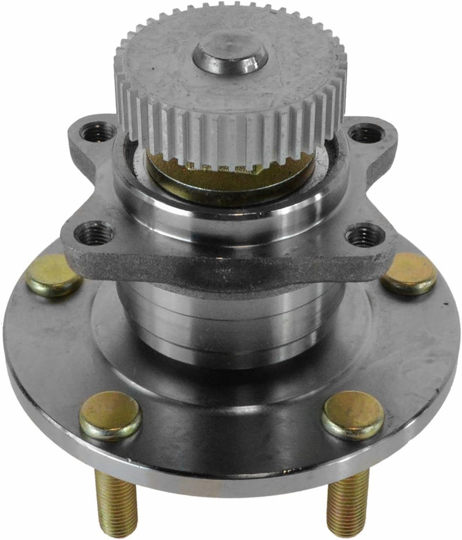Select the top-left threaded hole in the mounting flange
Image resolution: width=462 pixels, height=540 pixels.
[x=93, y=132]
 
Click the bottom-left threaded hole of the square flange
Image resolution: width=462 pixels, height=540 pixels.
[x=93, y=233]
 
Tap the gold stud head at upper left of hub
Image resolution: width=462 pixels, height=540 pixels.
[x=53, y=276]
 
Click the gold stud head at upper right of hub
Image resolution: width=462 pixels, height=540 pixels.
[x=409, y=273]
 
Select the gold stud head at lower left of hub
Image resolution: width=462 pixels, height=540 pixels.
[x=110, y=415]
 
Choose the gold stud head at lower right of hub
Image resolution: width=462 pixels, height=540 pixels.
[x=353, y=415]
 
